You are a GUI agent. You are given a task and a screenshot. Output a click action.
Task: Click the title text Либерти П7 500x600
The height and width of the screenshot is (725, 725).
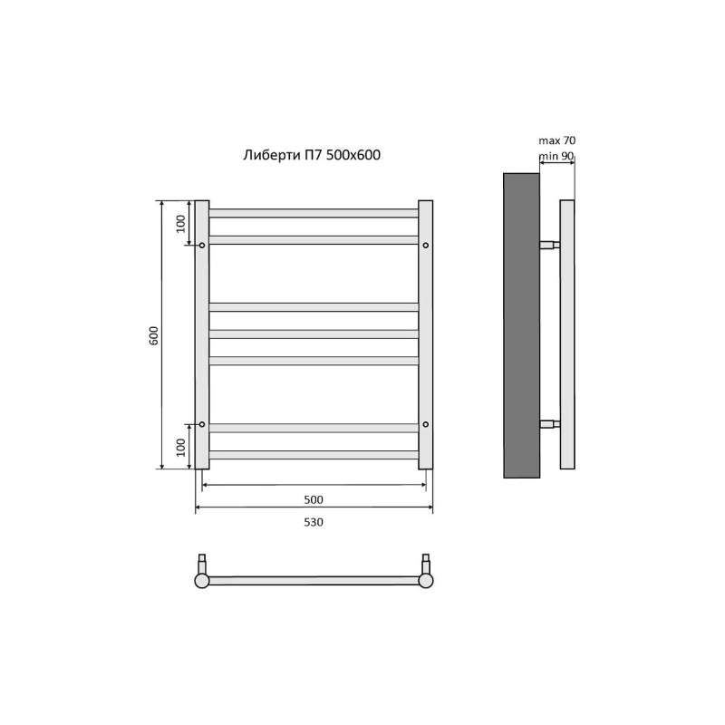(312, 155)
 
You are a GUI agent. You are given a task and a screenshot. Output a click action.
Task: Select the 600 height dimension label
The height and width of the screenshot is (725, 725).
(154, 335)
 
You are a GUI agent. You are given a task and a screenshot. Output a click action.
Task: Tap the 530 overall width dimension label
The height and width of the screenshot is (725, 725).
(314, 523)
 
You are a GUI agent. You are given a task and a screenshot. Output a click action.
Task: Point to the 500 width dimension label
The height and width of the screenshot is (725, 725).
(314, 500)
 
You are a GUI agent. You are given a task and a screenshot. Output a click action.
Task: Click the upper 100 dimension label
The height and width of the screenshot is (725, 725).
(180, 224)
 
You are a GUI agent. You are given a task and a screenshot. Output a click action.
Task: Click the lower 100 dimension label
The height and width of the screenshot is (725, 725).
(180, 447)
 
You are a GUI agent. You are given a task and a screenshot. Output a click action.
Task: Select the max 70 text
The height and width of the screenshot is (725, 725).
(557, 140)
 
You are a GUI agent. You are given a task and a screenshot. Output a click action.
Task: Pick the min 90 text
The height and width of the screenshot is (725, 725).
(556, 156)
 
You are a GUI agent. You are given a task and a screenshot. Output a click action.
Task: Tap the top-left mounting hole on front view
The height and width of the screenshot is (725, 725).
(202, 245)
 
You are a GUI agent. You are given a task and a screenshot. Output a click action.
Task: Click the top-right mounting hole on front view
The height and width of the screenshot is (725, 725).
(426, 245)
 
